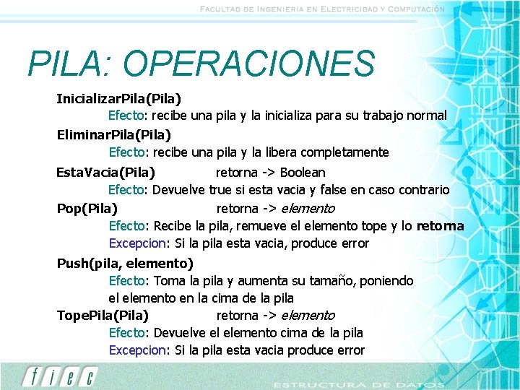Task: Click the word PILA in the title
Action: point(64,64)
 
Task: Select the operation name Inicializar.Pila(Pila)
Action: point(118,97)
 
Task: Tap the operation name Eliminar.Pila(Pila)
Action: point(113,134)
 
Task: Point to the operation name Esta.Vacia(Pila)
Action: point(105,173)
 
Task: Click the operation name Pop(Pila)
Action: point(87,209)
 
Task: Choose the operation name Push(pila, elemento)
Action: point(125,263)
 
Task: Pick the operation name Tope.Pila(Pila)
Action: point(103,316)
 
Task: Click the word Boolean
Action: point(303,173)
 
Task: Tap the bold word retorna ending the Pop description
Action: point(441,226)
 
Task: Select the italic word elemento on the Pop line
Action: point(308,209)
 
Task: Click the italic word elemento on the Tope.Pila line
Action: point(308,316)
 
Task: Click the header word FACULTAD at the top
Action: point(225,9)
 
